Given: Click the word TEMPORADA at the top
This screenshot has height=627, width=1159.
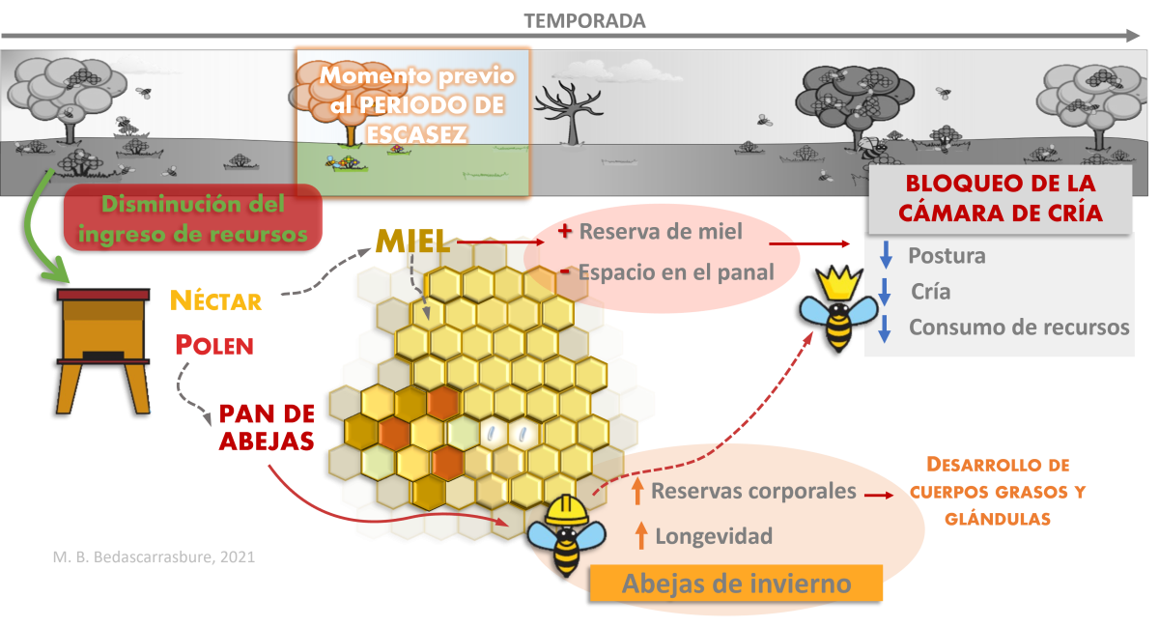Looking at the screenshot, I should click(584, 20).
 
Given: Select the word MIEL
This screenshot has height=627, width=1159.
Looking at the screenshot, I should click(412, 242).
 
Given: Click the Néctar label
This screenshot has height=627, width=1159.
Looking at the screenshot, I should click(216, 300).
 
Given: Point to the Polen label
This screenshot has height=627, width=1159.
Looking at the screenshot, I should click(214, 344).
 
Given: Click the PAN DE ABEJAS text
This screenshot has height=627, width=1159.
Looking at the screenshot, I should click(268, 427).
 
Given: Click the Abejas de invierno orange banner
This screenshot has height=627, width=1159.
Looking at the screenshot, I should click(737, 584).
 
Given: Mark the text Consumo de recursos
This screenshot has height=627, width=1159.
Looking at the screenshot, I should click(1019, 328).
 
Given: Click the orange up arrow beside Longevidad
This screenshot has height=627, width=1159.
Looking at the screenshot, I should click(638, 534).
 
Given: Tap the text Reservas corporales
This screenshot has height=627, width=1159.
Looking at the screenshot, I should click(753, 491).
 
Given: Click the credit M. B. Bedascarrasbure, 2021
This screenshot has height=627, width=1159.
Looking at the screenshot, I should click(154, 557).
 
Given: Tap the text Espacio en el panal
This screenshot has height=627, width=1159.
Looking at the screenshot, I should click(676, 273).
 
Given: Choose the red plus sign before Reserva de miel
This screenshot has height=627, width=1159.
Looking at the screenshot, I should click(566, 231).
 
